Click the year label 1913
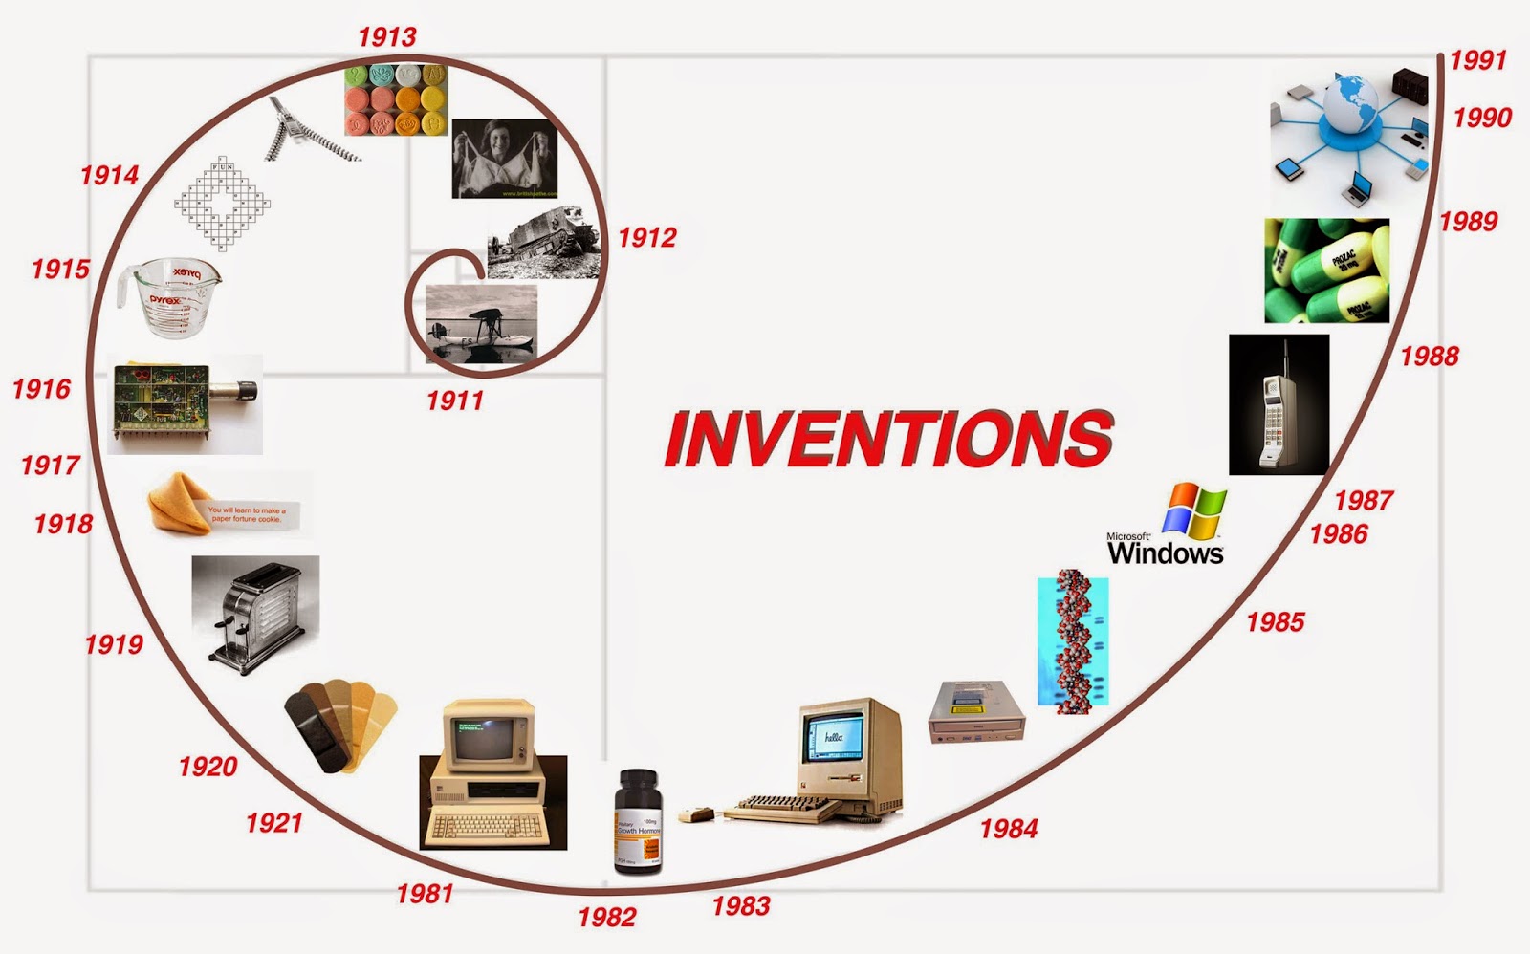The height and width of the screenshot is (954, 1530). tap(387, 37)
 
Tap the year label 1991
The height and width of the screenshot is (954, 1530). tap(1477, 60)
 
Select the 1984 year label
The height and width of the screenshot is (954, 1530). tap(1009, 829)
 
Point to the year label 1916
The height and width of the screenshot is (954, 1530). tap(41, 389)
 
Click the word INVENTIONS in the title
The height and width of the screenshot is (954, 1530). tap(888, 439)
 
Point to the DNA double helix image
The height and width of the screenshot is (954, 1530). tap(1073, 642)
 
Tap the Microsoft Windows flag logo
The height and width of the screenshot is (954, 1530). tap(1193, 510)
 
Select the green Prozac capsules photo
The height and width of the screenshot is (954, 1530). tap(1326, 271)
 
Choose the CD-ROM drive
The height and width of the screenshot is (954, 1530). tap(976, 712)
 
